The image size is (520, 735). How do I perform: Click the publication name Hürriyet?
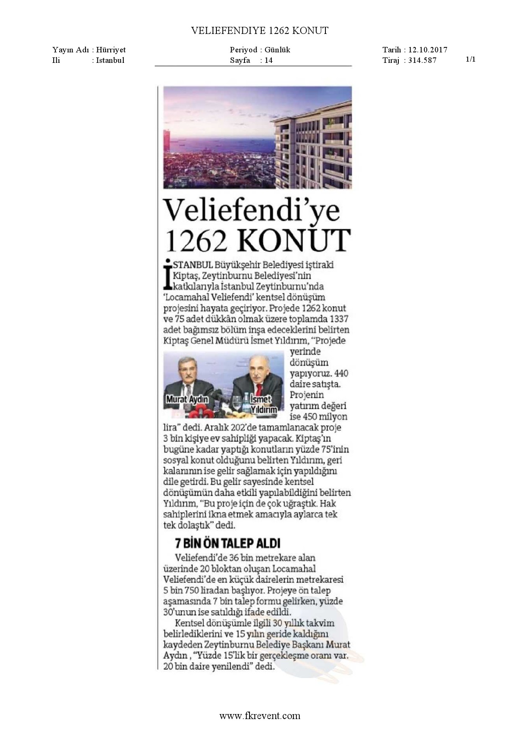(x=111, y=50)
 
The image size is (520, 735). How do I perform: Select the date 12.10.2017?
(x=428, y=50)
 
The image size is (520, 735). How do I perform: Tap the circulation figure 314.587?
(x=422, y=60)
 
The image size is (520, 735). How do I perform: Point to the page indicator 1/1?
(x=471, y=59)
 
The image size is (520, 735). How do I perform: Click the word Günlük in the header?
(x=277, y=50)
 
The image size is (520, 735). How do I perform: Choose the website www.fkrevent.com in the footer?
(x=260, y=716)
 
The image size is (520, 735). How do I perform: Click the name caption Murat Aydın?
(x=187, y=399)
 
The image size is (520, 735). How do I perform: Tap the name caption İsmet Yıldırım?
(x=263, y=404)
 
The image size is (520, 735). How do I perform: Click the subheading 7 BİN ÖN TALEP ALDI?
(x=227, y=543)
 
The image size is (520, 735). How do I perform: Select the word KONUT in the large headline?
(x=294, y=240)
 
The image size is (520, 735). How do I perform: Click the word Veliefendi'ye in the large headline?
(x=251, y=210)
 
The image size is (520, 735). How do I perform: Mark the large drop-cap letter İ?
(x=168, y=274)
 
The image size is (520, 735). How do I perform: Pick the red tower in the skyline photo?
(x=167, y=141)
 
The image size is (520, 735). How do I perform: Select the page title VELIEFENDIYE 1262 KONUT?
(x=260, y=31)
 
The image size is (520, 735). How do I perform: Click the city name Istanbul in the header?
(x=110, y=60)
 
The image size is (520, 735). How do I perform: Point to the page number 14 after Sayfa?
(x=268, y=60)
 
